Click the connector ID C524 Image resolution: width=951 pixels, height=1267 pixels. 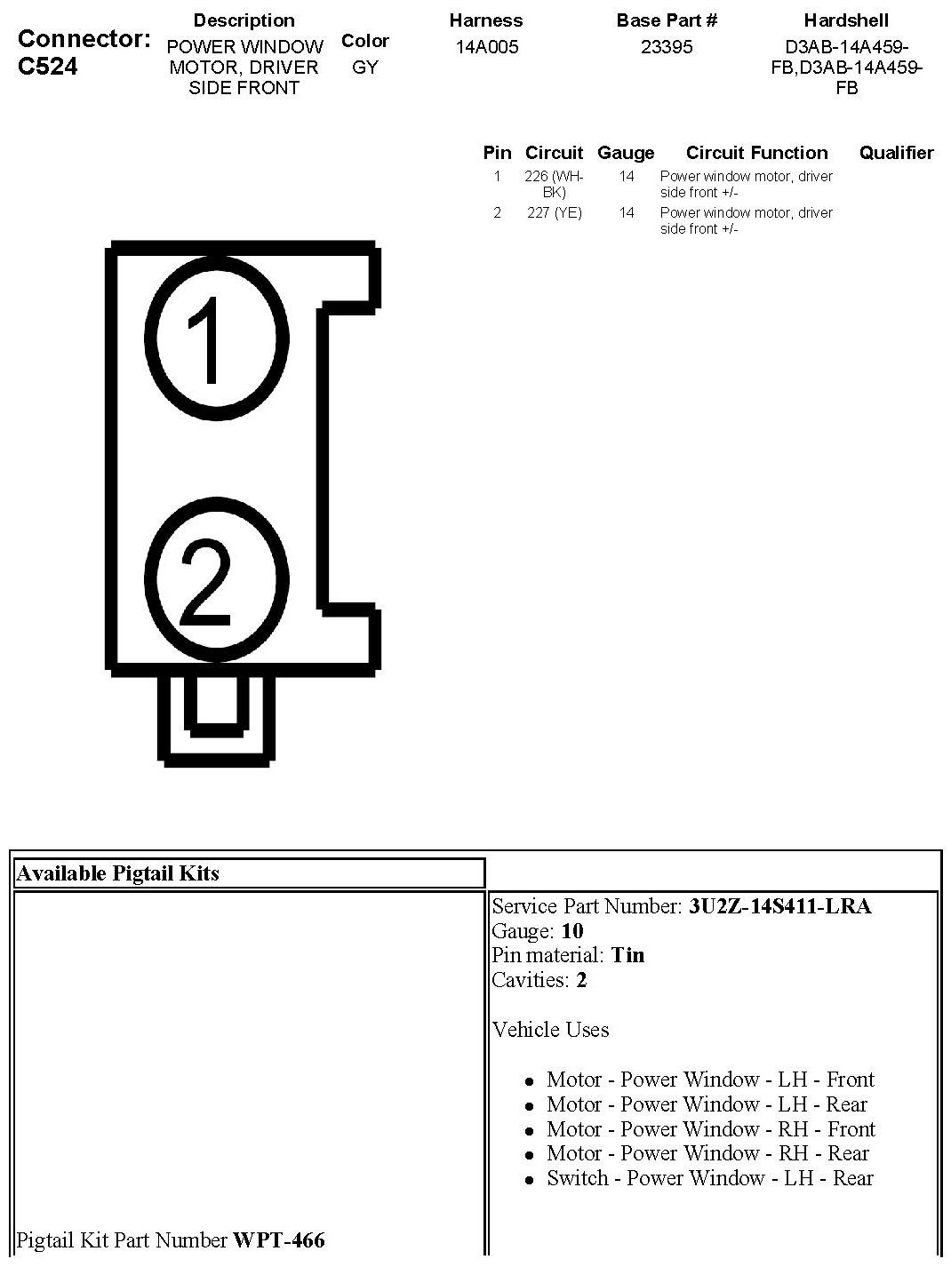[x=47, y=67]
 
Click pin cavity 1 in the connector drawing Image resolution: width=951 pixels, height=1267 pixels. [x=217, y=339]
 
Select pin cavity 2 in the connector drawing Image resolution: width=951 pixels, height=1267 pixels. [x=217, y=580]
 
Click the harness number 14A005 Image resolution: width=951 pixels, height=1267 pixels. [x=486, y=47]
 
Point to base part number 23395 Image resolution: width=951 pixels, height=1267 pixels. [x=667, y=47]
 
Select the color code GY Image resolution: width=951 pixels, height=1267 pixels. [x=365, y=68]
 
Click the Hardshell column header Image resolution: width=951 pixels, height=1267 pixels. [x=846, y=20]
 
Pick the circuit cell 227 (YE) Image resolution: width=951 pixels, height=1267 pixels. [x=555, y=213]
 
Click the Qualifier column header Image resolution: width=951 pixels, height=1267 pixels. [x=896, y=153]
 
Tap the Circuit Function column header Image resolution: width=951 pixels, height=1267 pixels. [x=756, y=153]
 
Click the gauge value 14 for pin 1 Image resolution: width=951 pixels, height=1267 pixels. [x=627, y=177]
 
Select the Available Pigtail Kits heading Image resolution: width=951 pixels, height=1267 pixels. [x=118, y=873]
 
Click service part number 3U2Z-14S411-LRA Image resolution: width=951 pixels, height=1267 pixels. [x=779, y=906]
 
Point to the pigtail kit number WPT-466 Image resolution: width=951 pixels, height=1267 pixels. [x=279, y=1239]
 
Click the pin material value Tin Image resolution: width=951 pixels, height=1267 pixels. [x=627, y=955]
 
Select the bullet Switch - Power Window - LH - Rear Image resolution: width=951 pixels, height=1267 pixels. [x=709, y=1178]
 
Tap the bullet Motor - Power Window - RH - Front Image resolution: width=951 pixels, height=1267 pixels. [x=710, y=1129]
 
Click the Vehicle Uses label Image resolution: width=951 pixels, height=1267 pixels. [x=550, y=1030]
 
